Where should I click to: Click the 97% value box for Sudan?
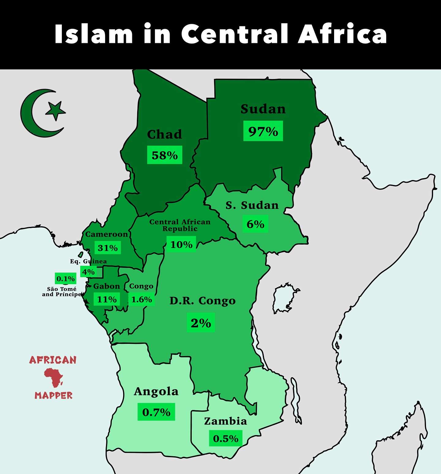pyautogui.click(x=263, y=131)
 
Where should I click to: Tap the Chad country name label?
pyautogui.click(x=164, y=134)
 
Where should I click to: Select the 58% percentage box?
pyautogui.click(x=165, y=155)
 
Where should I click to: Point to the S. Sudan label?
pyautogui.click(x=252, y=205)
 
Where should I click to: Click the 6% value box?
pyautogui.click(x=255, y=224)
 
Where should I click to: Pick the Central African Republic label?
pyautogui.click(x=180, y=225)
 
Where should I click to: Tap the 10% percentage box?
pyautogui.click(x=181, y=244)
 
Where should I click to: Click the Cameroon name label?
pyautogui.click(x=107, y=234)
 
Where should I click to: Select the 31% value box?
pyautogui.click(x=107, y=248)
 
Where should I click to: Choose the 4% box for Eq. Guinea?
pyautogui.click(x=89, y=272)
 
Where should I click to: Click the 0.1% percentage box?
pyautogui.click(x=66, y=279)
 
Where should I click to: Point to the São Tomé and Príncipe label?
pyautogui.click(x=62, y=292)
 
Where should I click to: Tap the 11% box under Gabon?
pyautogui.click(x=107, y=299)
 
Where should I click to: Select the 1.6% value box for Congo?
pyautogui.click(x=141, y=299)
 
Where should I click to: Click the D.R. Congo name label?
pyautogui.click(x=202, y=301)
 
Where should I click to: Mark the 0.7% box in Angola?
pyautogui.click(x=156, y=412)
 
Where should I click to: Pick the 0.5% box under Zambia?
pyautogui.click(x=226, y=438)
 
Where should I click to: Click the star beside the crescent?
pyautogui.click(x=56, y=110)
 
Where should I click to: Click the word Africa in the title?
pyautogui.click(x=342, y=34)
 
